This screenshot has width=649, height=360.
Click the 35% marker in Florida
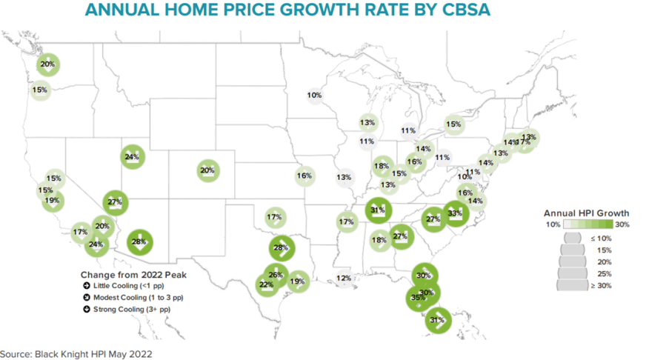pyautogui.click(x=417, y=298)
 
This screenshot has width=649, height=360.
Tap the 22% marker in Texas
pyautogui.click(x=265, y=284)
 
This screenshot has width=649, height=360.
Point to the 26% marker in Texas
pyautogui.click(x=276, y=275)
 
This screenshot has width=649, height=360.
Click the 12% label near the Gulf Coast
pyautogui.click(x=344, y=279)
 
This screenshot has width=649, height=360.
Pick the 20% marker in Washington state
pyautogui.click(x=47, y=65)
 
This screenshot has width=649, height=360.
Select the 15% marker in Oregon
pyautogui.click(x=40, y=90)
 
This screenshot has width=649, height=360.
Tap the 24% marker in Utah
pyautogui.click(x=133, y=157)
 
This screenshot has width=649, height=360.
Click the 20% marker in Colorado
pyautogui.click(x=207, y=170)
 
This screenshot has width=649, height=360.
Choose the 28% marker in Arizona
pyautogui.click(x=139, y=241)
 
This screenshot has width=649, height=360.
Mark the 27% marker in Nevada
pyautogui.click(x=115, y=201)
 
